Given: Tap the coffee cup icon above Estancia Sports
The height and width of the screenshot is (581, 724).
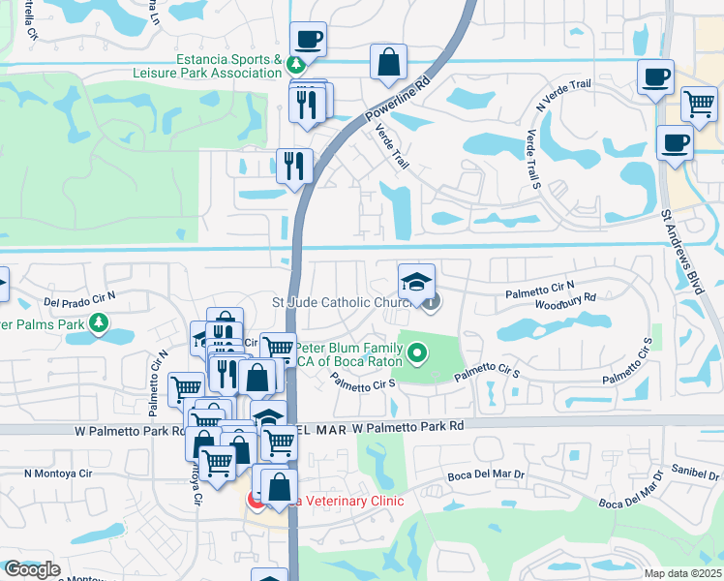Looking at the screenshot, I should (308, 41).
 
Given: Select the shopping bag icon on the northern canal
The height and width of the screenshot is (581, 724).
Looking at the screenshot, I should (387, 63).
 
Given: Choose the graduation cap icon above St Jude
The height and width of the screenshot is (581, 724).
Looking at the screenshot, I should (416, 283).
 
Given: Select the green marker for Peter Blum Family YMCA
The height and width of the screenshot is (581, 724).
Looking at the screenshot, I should (417, 353).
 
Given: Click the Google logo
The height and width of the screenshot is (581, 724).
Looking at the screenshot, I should (31, 569).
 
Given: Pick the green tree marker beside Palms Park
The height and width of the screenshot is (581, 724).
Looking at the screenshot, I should (98, 322).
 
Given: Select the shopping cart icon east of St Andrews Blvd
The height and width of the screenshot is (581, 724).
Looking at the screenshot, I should (699, 104).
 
